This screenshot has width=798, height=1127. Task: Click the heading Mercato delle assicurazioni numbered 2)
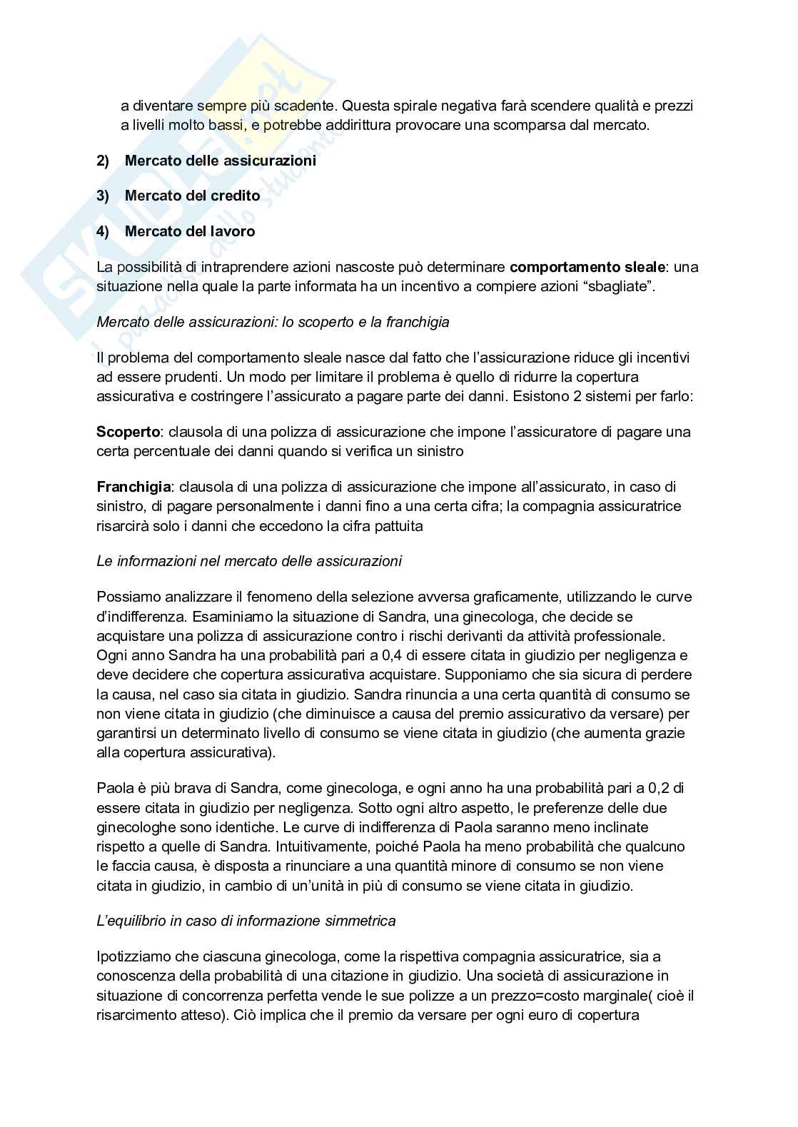[x=220, y=161]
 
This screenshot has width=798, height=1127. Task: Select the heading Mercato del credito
[x=192, y=196]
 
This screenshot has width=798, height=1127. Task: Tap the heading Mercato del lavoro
[x=189, y=231]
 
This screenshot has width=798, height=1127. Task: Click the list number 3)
[x=103, y=196]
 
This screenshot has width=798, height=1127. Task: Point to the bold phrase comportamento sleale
[x=587, y=268]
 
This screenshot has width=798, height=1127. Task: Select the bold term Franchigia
[x=133, y=487]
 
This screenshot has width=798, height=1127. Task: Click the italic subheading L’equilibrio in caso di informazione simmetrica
[x=246, y=921]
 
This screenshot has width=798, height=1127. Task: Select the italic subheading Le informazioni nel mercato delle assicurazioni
[x=248, y=561]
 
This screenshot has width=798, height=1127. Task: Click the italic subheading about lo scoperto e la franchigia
[x=273, y=322]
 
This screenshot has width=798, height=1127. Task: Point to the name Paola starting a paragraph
[x=113, y=789]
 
